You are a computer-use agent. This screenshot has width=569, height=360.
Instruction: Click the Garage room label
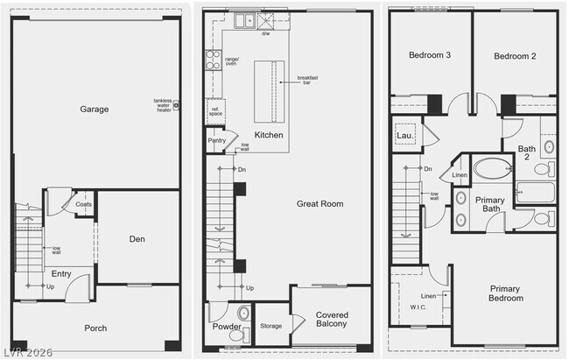click(95, 109)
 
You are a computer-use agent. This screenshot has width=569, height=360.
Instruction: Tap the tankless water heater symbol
click(176, 105)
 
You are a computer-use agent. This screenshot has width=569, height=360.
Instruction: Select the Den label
click(137, 238)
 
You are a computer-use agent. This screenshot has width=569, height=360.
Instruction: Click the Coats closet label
click(83, 204)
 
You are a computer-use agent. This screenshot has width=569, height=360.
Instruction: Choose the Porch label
click(95, 328)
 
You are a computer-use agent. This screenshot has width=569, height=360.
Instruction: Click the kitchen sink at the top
click(242, 18)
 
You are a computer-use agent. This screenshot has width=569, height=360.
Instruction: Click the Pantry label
click(216, 140)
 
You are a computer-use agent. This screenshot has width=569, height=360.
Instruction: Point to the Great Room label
click(320, 203)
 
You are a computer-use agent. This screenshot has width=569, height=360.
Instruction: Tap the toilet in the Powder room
click(243, 312)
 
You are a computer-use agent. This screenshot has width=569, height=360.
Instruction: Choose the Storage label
click(271, 326)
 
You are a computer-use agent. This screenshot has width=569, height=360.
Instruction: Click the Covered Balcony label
click(332, 320)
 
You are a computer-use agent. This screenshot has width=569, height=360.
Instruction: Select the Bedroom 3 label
click(430, 55)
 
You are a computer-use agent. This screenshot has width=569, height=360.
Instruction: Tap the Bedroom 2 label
click(514, 55)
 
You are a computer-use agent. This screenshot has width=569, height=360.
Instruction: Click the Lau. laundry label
click(404, 136)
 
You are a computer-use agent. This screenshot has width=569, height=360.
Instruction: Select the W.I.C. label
click(417, 307)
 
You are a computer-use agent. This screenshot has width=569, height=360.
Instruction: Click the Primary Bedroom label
click(505, 293)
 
